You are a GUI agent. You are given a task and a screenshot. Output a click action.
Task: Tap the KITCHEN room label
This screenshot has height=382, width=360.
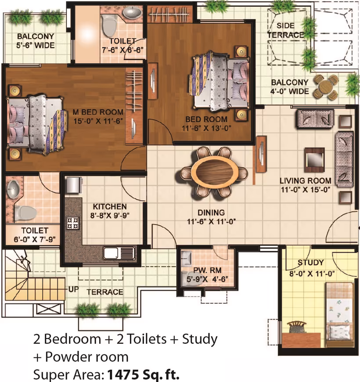click(x=110, y=207)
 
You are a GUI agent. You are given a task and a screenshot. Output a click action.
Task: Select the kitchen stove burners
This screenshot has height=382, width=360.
click(x=73, y=223)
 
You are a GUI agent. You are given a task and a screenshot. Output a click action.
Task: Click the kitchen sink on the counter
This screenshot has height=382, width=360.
click(x=119, y=253)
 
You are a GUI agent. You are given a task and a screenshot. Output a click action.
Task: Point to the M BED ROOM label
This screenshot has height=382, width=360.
click(x=98, y=112)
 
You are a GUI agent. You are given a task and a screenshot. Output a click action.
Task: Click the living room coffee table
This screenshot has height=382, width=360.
click(x=314, y=160)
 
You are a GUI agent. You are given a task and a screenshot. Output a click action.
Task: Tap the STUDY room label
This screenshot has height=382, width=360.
click(x=310, y=263)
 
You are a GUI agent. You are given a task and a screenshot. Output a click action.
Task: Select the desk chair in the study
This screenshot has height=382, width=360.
click(x=296, y=327)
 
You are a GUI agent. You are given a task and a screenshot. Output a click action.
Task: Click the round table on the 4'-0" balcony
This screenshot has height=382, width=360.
click(x=325, y=86)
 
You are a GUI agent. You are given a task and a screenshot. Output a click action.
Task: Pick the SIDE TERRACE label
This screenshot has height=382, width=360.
click(x=285, y=30)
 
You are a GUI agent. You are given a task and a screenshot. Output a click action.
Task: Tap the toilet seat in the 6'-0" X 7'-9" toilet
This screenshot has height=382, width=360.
click(x=25, y=213)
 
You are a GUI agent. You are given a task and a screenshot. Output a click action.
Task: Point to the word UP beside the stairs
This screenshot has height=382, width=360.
click(x=73, y=289)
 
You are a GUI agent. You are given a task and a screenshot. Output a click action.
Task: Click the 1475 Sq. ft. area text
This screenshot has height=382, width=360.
click(x=144, y=374)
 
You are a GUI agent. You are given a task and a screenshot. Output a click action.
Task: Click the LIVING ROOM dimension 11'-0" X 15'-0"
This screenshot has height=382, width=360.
click(x=306, y=190)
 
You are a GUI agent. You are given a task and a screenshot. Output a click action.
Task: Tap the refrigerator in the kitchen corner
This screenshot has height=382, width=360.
click(x=74, y=185)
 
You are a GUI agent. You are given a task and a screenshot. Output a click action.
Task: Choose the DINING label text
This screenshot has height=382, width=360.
click(x=211, y=213)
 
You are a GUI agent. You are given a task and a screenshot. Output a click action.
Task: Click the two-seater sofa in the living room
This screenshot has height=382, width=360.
click(x=315, y=119)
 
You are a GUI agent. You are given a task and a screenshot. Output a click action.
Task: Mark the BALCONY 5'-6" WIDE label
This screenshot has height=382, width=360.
click(x=36, y=41)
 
